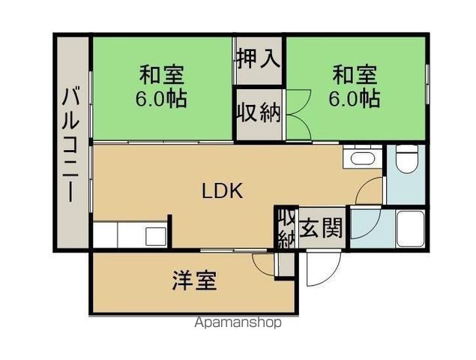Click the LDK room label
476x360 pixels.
click(x=222, y=191)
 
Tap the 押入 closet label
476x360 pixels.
click(x=258, y=59)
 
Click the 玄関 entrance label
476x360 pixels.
click(x=322, y=229)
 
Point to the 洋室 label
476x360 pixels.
click(x=194, y=281)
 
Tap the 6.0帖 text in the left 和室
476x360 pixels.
click(x=162, y=98)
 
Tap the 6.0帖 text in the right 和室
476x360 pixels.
click(x=355, y=98)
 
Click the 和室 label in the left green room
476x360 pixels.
click(x=162, y=76)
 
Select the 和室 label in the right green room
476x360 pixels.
click(x=355, y=76)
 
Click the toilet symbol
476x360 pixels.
click(x=406, y=159)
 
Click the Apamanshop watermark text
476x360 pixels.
click(x=238, y=323)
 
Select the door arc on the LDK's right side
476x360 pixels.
click(x=370, y=193)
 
